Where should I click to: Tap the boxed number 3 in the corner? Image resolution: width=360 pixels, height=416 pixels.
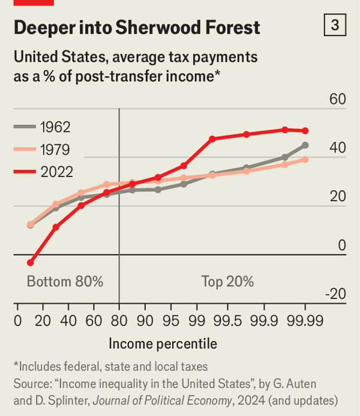334,26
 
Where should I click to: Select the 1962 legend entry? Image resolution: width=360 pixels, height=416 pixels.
42,127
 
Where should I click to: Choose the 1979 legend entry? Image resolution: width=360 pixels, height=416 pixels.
42,149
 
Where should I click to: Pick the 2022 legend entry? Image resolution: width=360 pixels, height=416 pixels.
42,172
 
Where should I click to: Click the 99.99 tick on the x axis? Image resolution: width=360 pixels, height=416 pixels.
305,319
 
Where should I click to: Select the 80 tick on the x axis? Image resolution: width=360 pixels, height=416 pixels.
119,319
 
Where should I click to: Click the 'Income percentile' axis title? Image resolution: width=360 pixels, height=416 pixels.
163,344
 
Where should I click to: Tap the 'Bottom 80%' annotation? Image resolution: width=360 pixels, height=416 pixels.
65,281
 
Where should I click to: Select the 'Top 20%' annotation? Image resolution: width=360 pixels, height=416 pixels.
227,281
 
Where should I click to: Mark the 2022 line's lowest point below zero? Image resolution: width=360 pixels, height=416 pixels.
31,262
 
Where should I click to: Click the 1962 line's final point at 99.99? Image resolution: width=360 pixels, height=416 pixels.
305,145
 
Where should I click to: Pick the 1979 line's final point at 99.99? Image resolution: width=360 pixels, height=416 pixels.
305,159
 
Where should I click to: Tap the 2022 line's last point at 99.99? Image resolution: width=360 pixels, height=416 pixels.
305,131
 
